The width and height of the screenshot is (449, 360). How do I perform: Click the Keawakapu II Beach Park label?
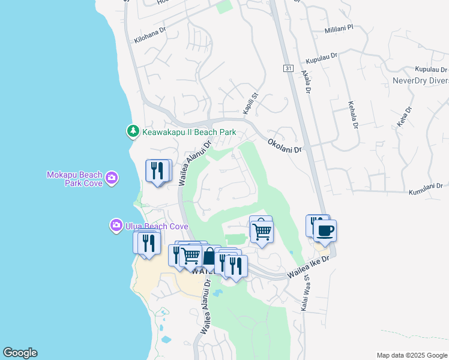pyautogui.click(x=188, y=131)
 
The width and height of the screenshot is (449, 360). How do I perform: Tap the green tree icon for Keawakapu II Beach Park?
pyautogui.click(x=132, y=131)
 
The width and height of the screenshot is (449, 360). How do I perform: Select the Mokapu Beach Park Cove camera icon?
pyautogui.click(x=111, y=178)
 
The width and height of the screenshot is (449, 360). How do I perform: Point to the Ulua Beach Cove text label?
pyautogui.click(x=156, y=226)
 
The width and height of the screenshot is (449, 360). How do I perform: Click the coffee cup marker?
pyautogui.click(x=325, y=231)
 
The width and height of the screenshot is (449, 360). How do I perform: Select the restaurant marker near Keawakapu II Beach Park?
pyautogui.click(x=158, y=172)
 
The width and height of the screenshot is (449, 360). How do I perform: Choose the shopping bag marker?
pyautogui.click(x=208, y=257)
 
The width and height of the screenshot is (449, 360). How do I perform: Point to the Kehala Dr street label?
pyautogui.click(x=353, y=115)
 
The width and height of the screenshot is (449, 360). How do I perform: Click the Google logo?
pyautogui.click(x=20, y=353)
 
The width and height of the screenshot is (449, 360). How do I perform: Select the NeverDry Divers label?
pyautogui.click(x=420, y=80)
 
